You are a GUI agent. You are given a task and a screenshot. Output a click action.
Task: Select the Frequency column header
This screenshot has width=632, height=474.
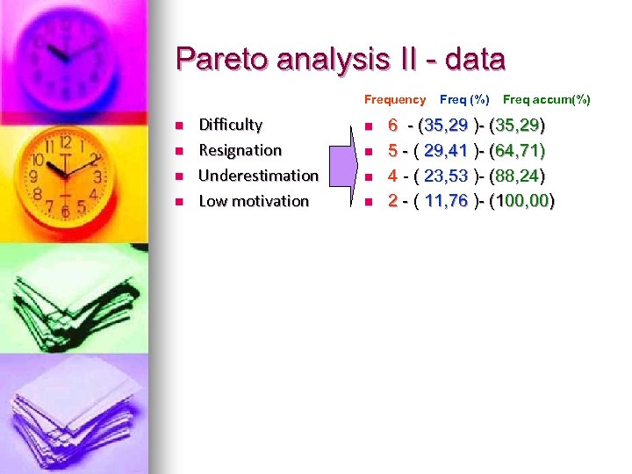click(394, 100)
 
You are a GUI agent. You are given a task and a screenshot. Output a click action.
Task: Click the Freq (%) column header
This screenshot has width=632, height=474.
click(464, 100)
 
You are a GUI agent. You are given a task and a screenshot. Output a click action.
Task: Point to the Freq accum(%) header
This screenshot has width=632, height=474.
click(546, 100)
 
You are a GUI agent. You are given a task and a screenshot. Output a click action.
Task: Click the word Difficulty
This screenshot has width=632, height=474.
click(230, 125)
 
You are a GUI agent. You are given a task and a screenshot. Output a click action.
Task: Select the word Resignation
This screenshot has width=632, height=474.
click(240, 150)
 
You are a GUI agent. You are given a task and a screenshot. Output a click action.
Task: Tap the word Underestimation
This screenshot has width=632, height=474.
click(258, 176)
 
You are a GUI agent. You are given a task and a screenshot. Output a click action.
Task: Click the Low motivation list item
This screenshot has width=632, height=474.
click(254, 201)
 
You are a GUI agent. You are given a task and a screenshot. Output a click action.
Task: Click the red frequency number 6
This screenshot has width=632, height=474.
click(393, 125)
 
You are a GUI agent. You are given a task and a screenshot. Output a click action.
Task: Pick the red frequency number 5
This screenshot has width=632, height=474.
click(393, 150)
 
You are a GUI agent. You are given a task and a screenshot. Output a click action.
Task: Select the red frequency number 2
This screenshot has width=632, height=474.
click(393, 201)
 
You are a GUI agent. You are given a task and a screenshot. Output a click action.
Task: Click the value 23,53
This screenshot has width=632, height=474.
click(446, 176)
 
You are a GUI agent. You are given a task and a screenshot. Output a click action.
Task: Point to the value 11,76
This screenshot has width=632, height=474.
click(446, 201)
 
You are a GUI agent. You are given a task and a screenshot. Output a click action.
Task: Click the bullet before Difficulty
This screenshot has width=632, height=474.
click(178, 126)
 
